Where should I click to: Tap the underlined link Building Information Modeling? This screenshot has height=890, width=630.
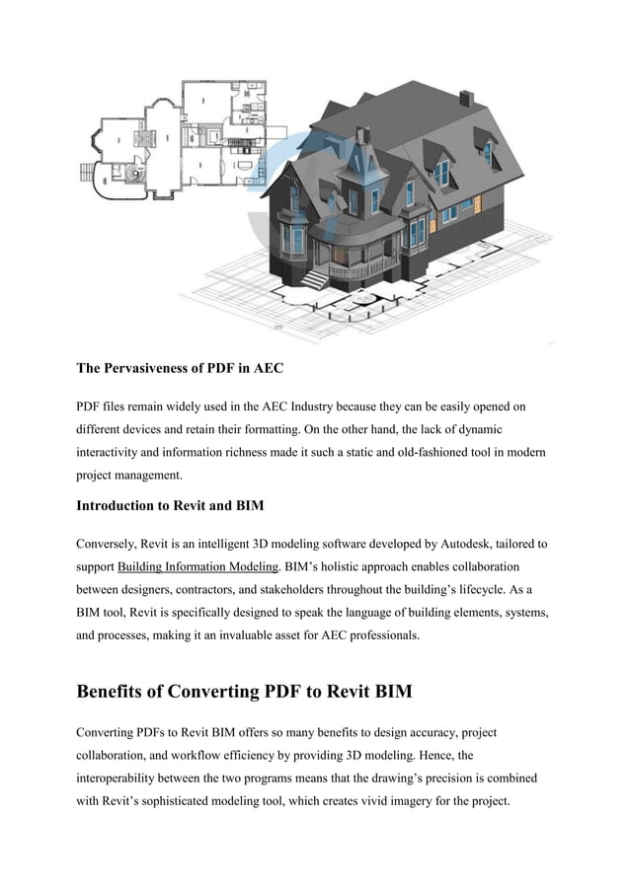197,567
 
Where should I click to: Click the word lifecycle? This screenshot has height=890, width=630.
512,590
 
